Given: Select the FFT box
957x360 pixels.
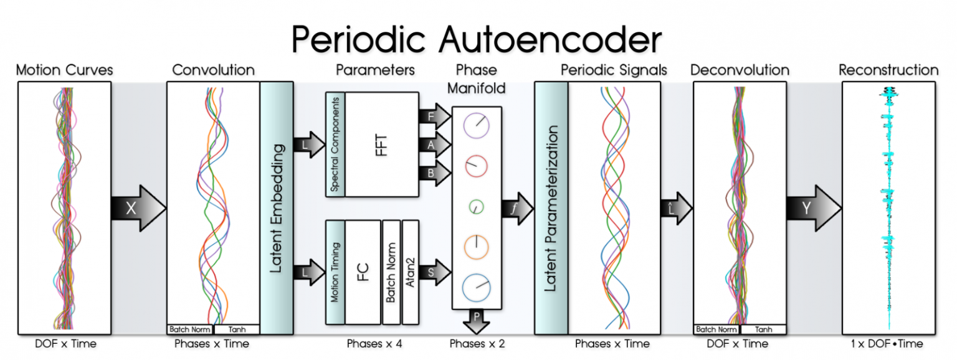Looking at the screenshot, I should (x=381, y=144).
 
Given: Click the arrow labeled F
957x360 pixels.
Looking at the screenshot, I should (x=436, y=115).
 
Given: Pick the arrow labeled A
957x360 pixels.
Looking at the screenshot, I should (x=436, y=144).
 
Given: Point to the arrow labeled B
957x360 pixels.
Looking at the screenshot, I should (x=436, y=173).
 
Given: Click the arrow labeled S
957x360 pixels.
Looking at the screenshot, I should (x=436, y=272).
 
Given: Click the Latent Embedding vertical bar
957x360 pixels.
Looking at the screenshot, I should (x=277, y=208).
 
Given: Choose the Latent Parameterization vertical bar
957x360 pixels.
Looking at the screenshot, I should (x=550, y=208).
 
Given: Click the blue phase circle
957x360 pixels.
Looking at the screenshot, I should (x=476, y=287).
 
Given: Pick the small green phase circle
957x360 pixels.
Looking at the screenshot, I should (x=476, y=206).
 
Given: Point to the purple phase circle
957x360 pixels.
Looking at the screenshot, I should (x=476, y=125).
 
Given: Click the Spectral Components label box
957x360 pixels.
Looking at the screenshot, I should (x=335, y=144).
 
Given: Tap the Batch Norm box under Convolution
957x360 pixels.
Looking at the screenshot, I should (x=189, y=329).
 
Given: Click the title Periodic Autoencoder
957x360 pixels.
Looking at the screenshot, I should (x=476, y=39).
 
